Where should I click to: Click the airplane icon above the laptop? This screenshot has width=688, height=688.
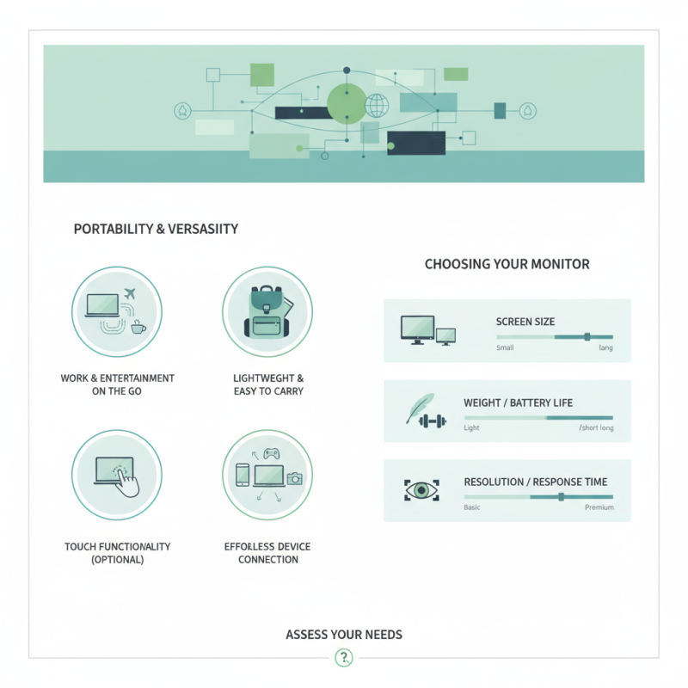131,295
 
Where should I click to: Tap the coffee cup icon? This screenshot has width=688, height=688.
138,327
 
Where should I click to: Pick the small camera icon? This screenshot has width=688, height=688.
295,478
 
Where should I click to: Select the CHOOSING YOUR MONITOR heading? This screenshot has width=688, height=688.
507,264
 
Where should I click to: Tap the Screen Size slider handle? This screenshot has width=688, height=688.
587,337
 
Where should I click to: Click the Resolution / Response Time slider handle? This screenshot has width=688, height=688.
561,496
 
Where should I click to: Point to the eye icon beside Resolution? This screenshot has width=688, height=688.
421,490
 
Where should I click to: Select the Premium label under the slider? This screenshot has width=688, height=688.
599,508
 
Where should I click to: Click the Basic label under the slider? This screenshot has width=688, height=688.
472,508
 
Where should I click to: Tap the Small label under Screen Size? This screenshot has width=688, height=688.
505,348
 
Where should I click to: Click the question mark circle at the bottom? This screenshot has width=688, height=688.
344,659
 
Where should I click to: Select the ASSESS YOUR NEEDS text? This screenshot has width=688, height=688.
344,635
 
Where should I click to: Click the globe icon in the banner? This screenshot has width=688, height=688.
377,106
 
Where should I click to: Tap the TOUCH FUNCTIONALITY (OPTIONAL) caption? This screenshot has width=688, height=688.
117,553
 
